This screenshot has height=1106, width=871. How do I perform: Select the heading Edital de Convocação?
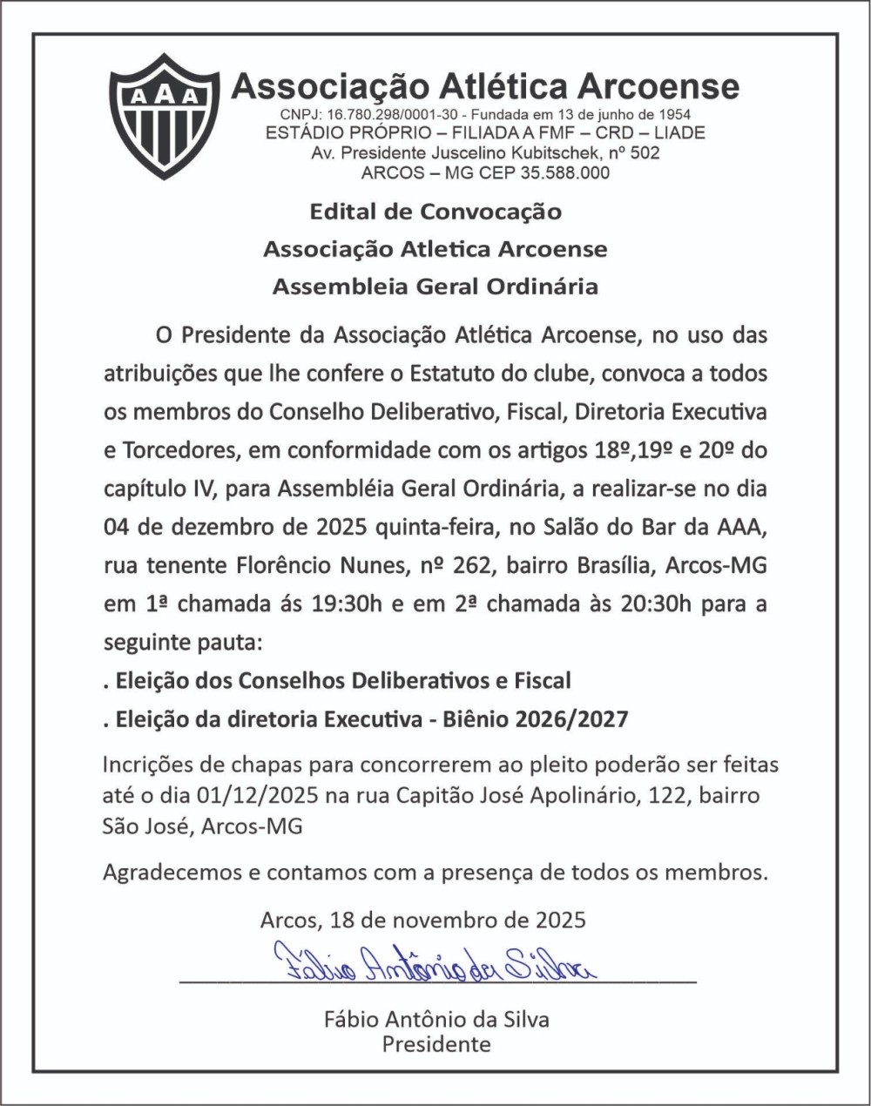[435, 212]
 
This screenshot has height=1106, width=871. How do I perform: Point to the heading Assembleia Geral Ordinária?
[435, 287]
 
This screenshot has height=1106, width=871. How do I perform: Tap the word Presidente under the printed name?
[436, 1042]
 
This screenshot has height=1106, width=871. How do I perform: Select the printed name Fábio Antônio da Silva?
[436, 1019]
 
